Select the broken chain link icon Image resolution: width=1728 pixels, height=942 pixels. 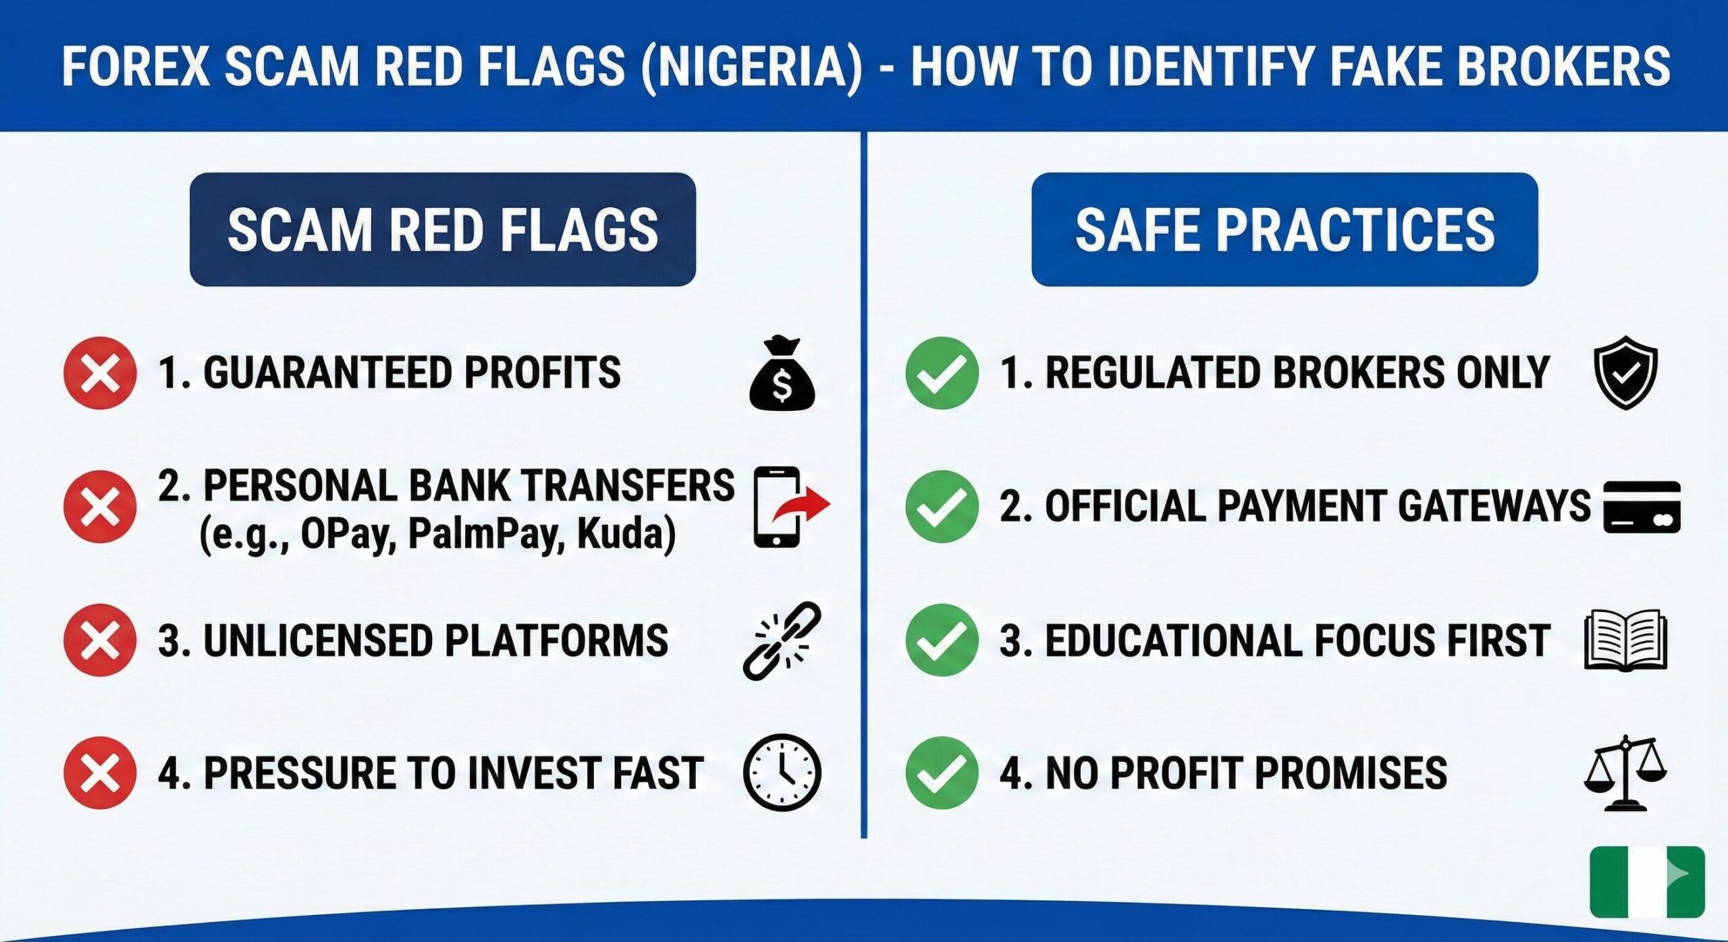pyautogui.click(x=782, y=640)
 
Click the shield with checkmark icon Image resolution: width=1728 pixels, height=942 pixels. pyautogui.click(x=1625, y=372)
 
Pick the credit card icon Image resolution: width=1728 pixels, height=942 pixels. pyautogui.click(x=1641, y=507)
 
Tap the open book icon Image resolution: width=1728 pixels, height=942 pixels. pyautogui.click(x=1625, y=640)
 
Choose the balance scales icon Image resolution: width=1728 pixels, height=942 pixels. pyautogui.click(x=1625, y=773)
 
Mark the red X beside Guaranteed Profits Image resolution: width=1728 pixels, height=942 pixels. pyautogui.click(x=100, y=373)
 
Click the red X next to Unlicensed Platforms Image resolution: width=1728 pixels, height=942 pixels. pyautogui.click(x=100, y=640)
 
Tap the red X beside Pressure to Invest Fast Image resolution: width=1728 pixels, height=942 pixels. pyautogui.click(x=100, y=773)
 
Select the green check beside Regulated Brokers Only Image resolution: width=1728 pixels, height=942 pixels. pyautogui.click(x=942, y=373)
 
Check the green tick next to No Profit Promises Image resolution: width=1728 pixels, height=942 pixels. pyautogui.click(x=942, y=773)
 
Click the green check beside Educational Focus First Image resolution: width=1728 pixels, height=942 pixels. pyautogui.click(x=942, y=640)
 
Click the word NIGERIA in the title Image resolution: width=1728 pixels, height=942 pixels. pyautogui.click(x=751, y=66)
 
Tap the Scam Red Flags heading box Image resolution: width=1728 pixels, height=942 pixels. pyautogui.click(x=442, y=229)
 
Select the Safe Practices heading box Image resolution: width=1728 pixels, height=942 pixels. pyautogui.click(x=1284, y=229)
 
